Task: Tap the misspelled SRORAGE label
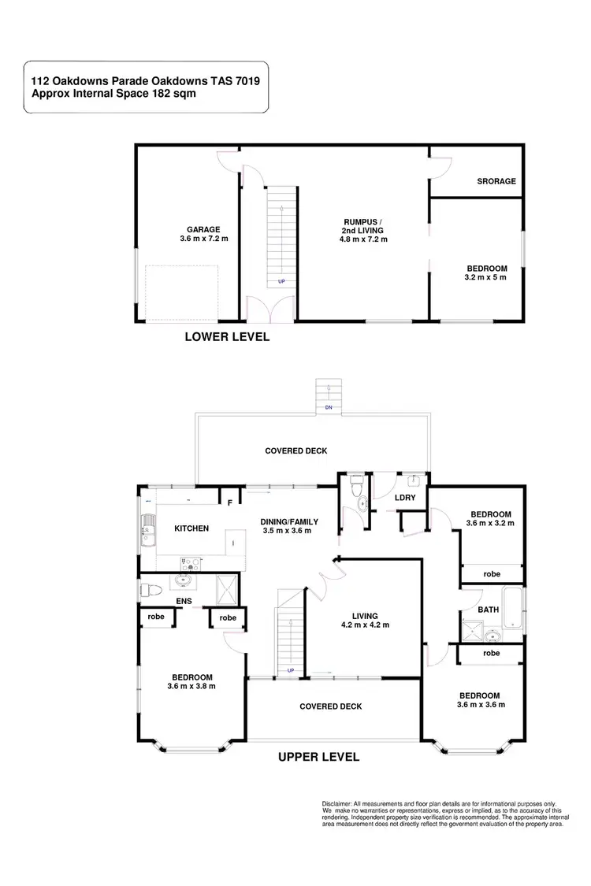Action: (496, 181)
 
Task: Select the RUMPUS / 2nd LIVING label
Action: (362, 225)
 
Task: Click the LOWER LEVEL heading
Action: (227, 337)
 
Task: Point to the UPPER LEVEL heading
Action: (319, 758)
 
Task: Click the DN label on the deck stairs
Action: (328, 408)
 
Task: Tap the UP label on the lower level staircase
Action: (281, 281)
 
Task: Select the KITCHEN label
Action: (191, 528)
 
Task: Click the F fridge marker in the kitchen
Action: (230, 502)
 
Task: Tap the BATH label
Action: (488, 609)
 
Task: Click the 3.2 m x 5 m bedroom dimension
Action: (485, 277)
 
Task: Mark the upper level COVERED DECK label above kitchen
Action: (295, 451)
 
